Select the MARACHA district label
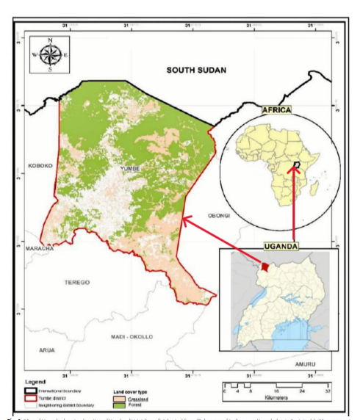coord(41,250)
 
